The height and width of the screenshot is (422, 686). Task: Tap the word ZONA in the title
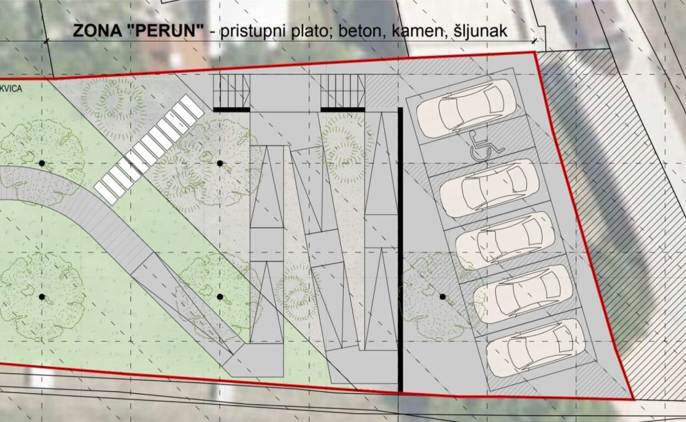92,32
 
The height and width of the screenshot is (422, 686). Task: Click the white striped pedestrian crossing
150,150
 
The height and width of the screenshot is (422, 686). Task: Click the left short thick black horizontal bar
231,108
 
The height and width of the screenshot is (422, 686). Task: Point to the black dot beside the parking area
442,296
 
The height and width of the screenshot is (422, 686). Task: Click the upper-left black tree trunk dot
42,163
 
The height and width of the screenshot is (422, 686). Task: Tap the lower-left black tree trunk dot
42,296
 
